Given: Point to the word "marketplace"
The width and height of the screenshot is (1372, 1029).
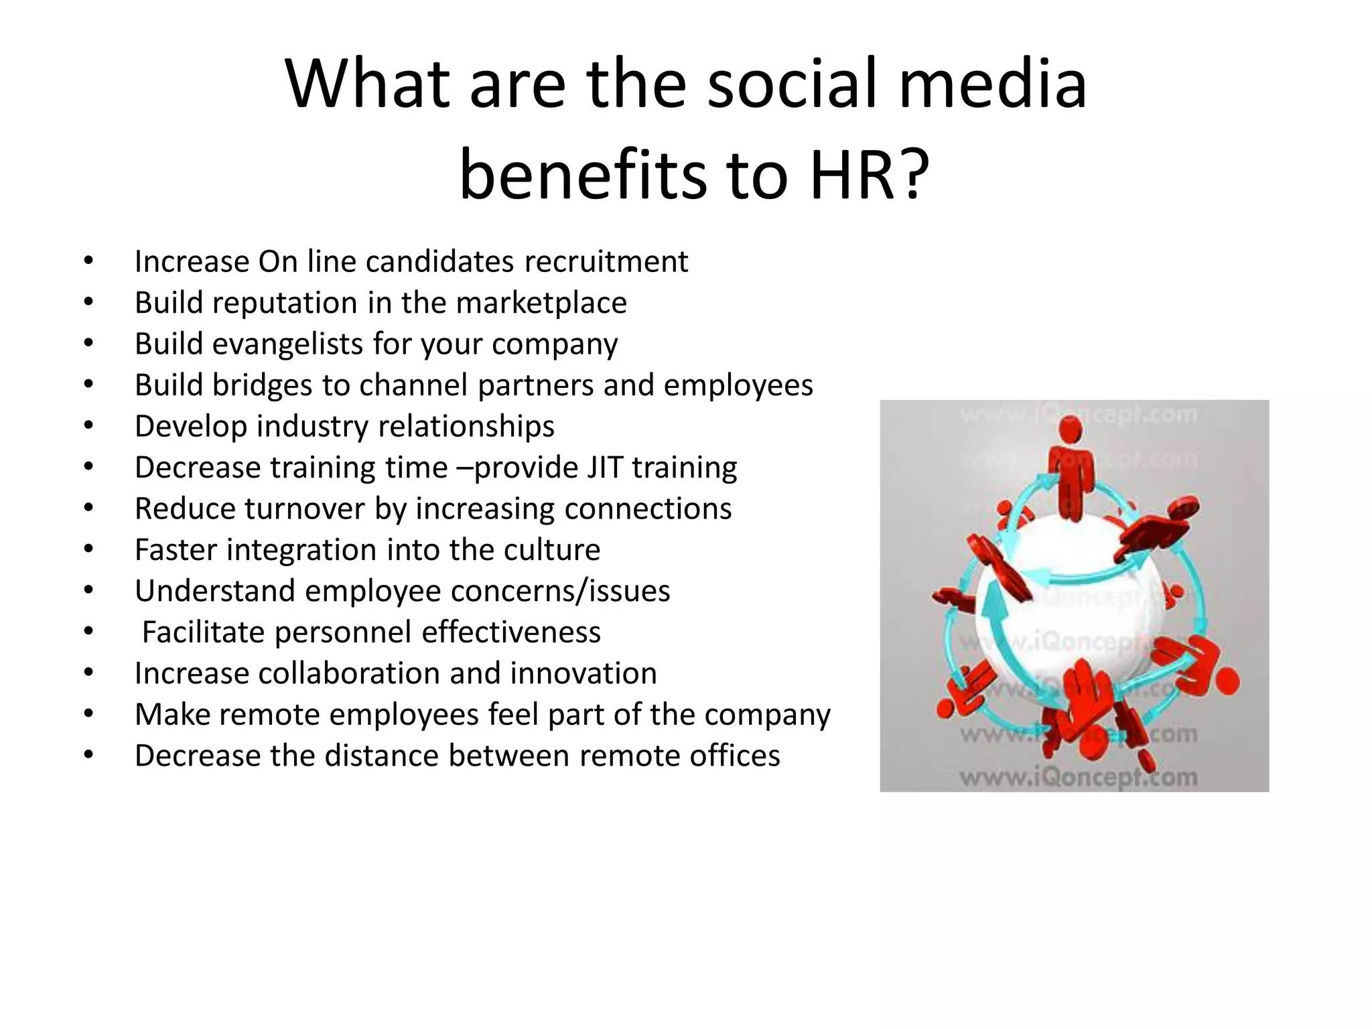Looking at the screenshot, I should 541,303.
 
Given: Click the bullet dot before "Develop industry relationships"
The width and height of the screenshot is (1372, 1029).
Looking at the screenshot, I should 88,426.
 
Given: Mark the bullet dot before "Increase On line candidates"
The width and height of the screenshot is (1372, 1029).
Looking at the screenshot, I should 88,261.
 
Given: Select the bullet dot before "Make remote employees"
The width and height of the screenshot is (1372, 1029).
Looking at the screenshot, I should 88,714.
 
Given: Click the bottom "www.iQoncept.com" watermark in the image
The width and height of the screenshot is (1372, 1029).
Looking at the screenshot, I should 1078,777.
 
